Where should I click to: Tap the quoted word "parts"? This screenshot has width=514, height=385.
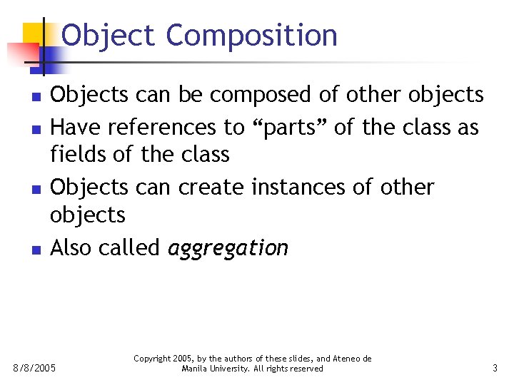tap(288, 128)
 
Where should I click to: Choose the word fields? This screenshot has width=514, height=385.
tap(77, 154)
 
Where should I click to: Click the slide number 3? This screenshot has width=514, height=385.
tap(495, 369)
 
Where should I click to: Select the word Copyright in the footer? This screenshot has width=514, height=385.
tap(153, 359)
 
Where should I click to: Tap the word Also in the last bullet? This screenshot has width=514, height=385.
tap(71, 247)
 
